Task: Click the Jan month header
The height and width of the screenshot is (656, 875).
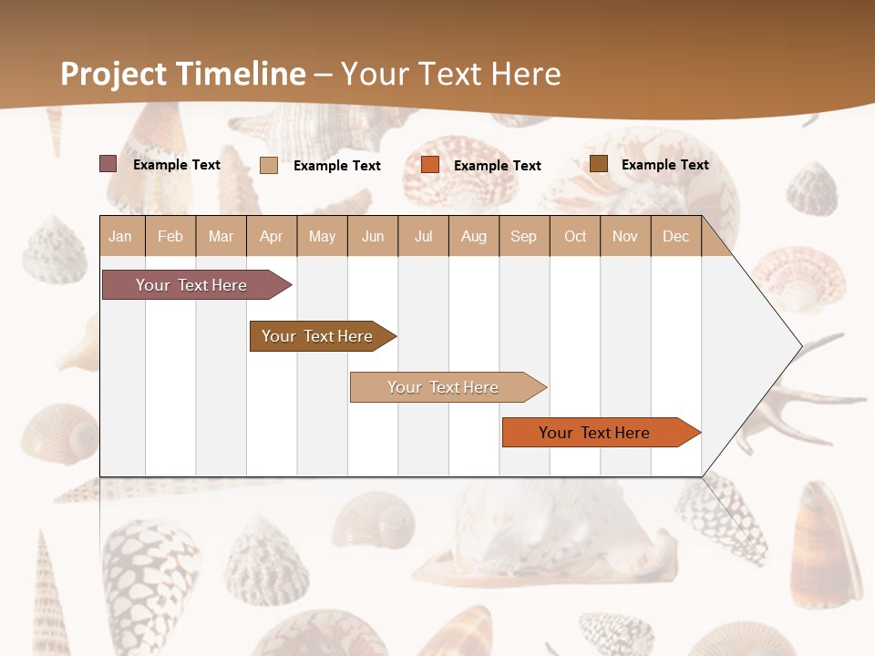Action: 120,236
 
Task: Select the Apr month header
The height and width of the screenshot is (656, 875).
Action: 271,236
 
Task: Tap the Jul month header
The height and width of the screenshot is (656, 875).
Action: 423,236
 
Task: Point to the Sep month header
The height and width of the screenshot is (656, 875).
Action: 523,236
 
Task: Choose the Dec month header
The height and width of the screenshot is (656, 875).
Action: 675,236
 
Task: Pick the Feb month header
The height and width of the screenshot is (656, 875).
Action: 170,236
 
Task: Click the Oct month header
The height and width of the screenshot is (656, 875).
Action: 575,236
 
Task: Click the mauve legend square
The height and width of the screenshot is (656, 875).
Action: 108,164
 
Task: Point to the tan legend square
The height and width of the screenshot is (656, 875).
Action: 269,165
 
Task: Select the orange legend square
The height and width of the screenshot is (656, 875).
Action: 430,165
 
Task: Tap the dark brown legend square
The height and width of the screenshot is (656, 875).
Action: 599,164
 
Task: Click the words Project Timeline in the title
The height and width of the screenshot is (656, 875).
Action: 182,74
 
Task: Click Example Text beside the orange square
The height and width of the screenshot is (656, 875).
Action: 497,166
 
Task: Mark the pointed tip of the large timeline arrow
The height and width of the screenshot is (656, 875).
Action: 799,346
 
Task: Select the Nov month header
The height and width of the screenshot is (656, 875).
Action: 625,236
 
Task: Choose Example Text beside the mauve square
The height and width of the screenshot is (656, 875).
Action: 177,165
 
